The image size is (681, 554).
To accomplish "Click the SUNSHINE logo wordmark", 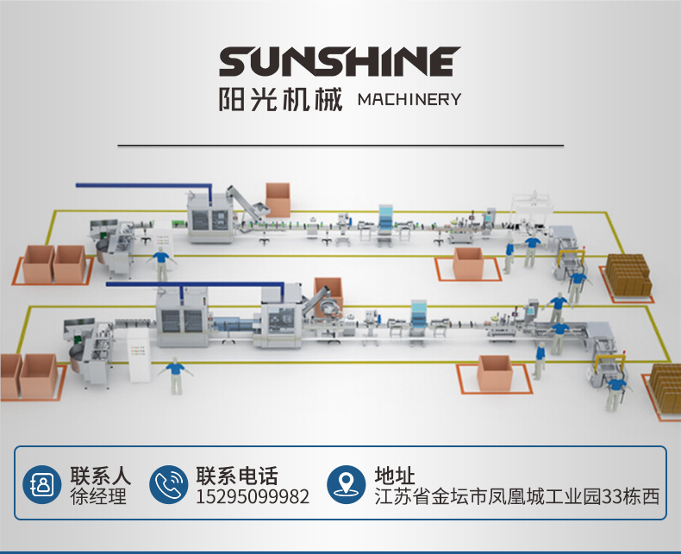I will coord(340,62).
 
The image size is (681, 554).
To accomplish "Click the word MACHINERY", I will coord(409,99).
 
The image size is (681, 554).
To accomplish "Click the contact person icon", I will coord(40,484).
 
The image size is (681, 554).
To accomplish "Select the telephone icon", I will coord(168,484).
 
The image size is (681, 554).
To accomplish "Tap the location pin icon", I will coord(347,484).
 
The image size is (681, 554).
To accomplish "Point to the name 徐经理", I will coord(98,497).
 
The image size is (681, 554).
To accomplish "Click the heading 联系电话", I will coord(237,475).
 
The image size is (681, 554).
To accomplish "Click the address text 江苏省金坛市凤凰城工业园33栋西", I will coord(517,497).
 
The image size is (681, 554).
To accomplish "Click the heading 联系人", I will coord(100,475).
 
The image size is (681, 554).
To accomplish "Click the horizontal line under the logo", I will coord(340,146).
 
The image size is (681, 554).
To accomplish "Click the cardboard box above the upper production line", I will coord(280,199).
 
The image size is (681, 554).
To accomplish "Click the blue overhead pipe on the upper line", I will coord(142,185).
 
